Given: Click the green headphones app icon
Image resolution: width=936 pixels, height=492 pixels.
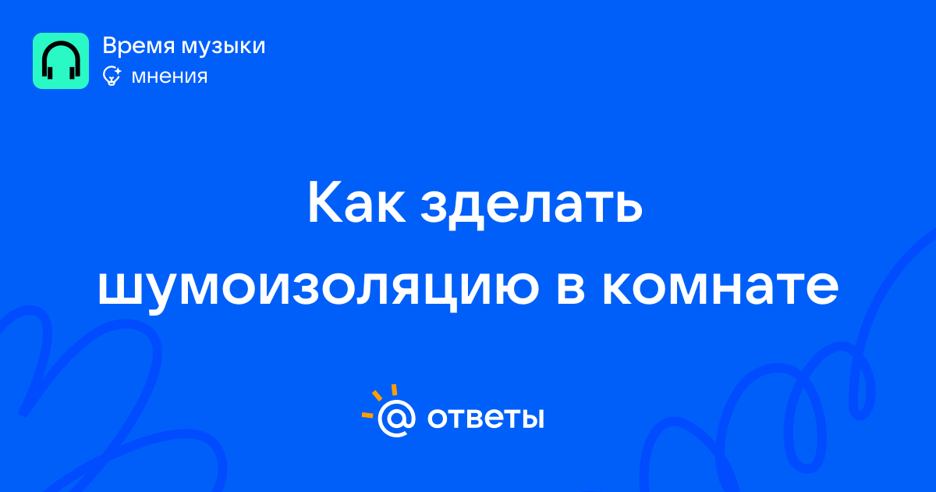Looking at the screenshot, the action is pyautogui.click(x=61, y=61).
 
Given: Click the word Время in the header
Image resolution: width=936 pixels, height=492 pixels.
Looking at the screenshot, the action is pyautogui.click(x=138, y=45).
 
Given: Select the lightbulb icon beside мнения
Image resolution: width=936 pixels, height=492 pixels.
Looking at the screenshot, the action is pyautogui.click(x=112, y=76).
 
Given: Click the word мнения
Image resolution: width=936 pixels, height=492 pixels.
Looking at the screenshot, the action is pyautogui.click(x=170, y=77).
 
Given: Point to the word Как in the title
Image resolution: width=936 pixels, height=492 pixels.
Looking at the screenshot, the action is pyautogui.click(x=357, y=202).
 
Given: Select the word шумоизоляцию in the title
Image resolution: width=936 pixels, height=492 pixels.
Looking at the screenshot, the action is pyautogui.click(x=318, y=290).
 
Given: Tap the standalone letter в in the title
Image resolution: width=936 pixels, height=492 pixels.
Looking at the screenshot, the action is pyautogui.click(x=570, y=288).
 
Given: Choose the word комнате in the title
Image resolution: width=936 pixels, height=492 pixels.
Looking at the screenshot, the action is pyautogui.click(x=720, y=288).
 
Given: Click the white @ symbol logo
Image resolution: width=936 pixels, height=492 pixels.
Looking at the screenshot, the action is pyautogui.click(x=396, y=419).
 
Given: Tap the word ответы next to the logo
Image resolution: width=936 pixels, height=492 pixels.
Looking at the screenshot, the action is pyautogui.click(x=485, y=419).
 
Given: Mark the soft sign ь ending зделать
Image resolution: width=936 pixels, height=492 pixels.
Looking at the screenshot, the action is pyautogui.click(x=626, y=207).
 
